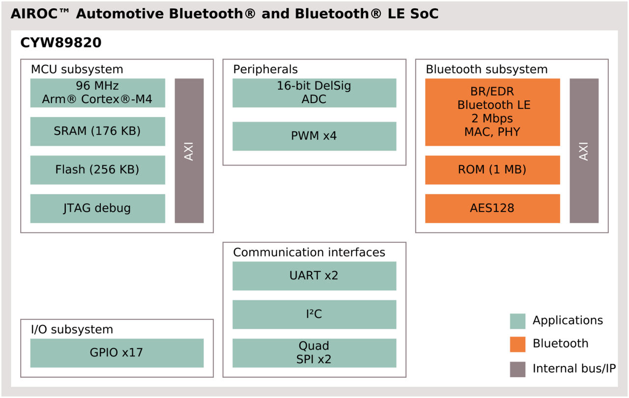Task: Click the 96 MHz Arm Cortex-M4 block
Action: coord(97,93)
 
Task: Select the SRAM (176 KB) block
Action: coord(97,131)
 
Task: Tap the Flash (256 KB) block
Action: coord(97,170)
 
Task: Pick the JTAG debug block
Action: coord(97,208)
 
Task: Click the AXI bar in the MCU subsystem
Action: coord(189,151)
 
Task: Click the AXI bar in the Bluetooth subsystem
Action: coord(584,151)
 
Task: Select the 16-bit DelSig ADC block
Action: coord(314,93)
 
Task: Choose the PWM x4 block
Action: coord(314,136)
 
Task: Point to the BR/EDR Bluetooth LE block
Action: coord(492,112)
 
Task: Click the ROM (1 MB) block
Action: coord(492,170)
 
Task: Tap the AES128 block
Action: coord(492,208)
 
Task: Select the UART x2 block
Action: coord(314,276)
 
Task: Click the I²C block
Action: coord(314,314)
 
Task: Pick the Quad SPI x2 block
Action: coord(314,353)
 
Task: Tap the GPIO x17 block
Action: coord(117,353)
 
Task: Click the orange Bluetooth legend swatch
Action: coord(517,344)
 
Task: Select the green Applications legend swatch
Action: coord(517,321)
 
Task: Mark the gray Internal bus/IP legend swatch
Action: coord(517,369)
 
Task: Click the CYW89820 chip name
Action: coord(61,43)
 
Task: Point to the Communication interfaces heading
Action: coord(309,253)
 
